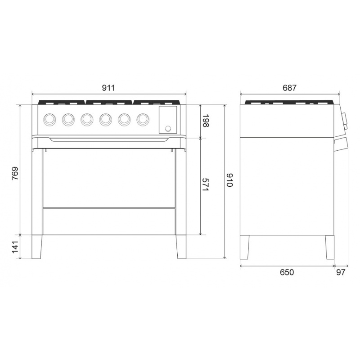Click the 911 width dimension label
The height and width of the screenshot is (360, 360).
108,88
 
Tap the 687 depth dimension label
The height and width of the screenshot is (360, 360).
289,88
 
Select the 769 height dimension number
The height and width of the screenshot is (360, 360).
15,173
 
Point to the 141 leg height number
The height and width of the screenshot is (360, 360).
15,247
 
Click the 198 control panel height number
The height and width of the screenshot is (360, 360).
206,121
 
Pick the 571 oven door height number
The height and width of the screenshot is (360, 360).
206,184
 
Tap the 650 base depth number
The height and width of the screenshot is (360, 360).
287,272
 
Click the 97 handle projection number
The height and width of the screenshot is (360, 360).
341,272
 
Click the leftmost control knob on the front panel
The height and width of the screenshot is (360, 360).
49,119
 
